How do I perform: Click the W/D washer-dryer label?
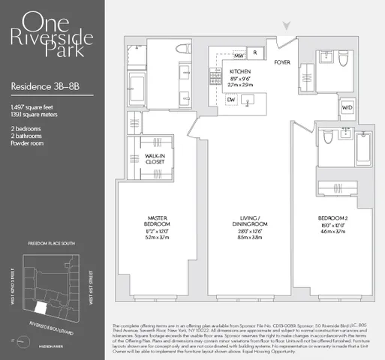coord(347,107)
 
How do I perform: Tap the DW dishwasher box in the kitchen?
coord(231,98)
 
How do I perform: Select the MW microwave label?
coord(239,55)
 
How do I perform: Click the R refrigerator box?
coord(255,53)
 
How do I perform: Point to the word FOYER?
coord(281,63)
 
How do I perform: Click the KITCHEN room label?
coord(240,71)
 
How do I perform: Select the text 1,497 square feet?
coord(32,109)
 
